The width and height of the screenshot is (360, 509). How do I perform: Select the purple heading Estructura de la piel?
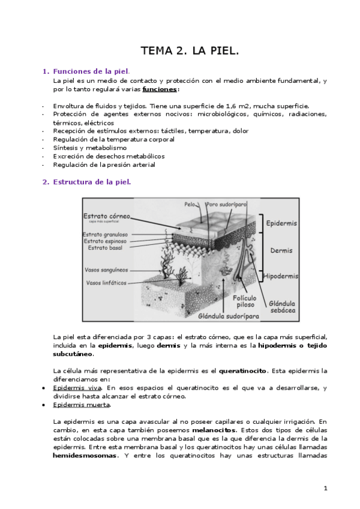pyautogui.click(x=92, y=182)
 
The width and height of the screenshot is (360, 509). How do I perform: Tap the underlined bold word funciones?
pyautogui.click(x=160, y=89)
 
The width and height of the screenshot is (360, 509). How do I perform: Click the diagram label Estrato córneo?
pyautogui.click(x=107, y=215)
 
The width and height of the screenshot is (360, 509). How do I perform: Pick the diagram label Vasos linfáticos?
pyautogui.click(x=107, y=282)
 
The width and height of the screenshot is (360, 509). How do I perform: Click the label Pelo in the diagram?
pyautogui.click(x=190, y=204)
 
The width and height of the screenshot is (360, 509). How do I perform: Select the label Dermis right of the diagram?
pyautogui.click(x=281, y=250)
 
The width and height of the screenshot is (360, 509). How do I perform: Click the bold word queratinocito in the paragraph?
pyautogui.click(x=242, y=370)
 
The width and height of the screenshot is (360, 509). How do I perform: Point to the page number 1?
pyautogui.click(x=326, y=488)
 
